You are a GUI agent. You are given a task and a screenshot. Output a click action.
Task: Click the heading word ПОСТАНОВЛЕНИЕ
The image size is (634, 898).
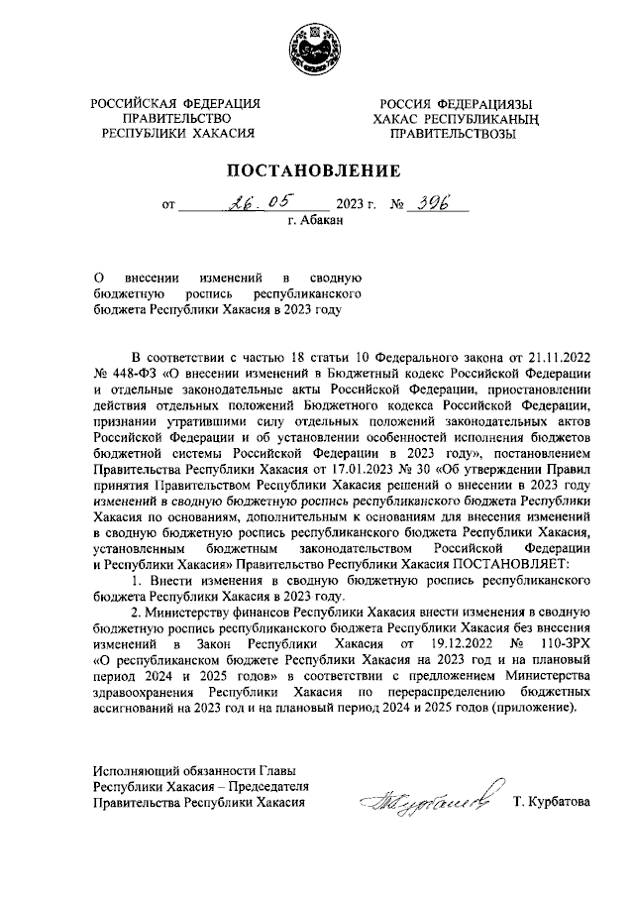316,170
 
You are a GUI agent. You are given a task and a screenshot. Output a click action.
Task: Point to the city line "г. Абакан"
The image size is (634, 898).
316,222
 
